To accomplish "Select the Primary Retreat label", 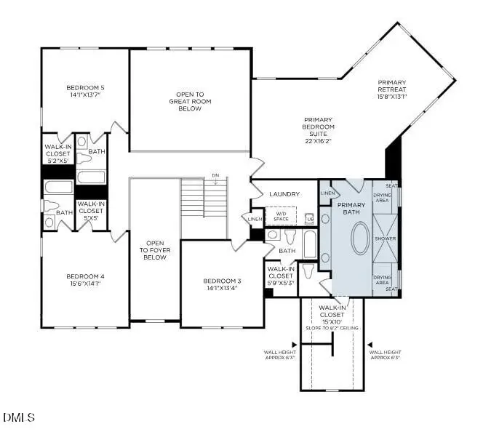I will [391, 89].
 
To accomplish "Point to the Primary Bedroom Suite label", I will [318, 127].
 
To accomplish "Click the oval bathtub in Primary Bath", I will [361, 238].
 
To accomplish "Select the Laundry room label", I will [284, 194].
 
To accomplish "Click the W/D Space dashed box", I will [281, 216].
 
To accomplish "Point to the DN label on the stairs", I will [215, 175].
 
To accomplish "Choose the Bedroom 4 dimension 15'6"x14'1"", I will [86, 284].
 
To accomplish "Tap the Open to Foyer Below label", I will [154, 251].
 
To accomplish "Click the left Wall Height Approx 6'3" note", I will [279, 354].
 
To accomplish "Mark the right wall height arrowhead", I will [369, 345].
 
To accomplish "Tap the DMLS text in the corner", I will [19, 417].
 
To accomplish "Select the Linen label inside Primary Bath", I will [327, 193].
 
